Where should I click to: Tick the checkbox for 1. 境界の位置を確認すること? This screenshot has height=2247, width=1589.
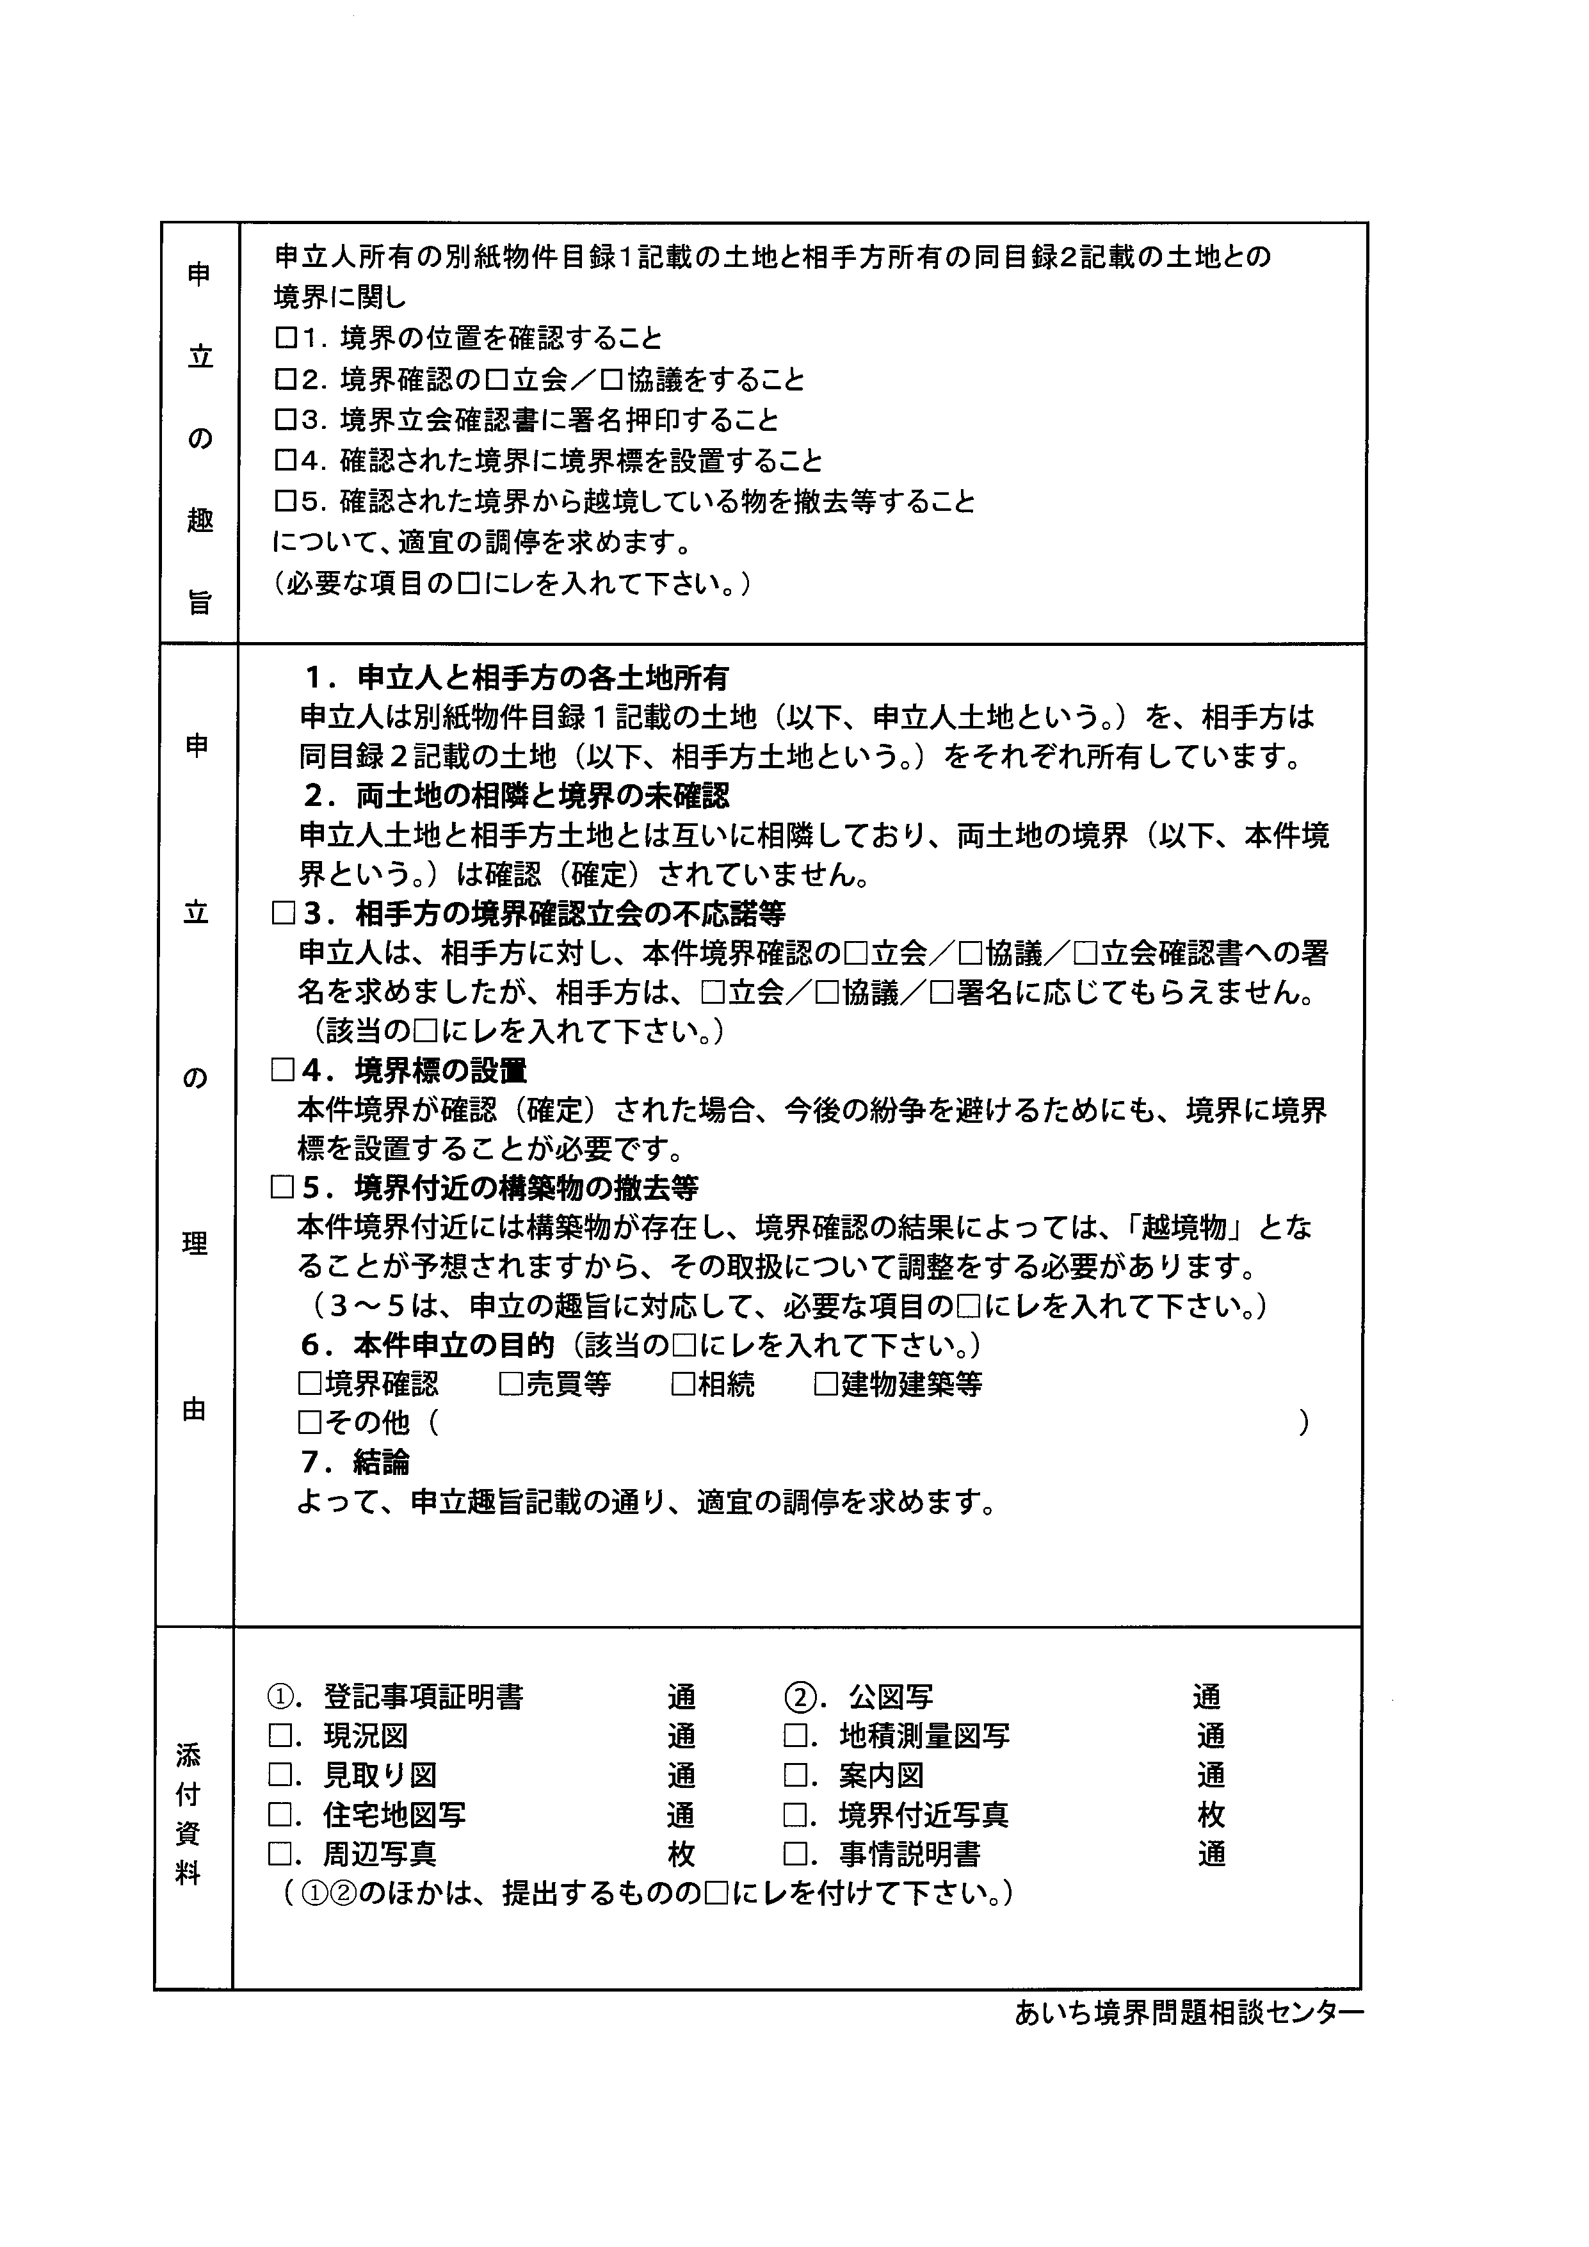coord(285,339)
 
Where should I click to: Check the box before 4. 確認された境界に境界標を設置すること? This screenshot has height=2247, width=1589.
coord(285,461)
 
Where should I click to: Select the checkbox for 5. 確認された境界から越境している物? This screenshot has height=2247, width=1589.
coord(285,502)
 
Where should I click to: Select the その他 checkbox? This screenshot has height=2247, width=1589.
coord(309,1424)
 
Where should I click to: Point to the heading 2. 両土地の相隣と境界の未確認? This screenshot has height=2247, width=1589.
coord(517,796)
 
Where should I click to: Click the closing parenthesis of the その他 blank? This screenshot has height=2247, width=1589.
coord(1303,1424)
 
